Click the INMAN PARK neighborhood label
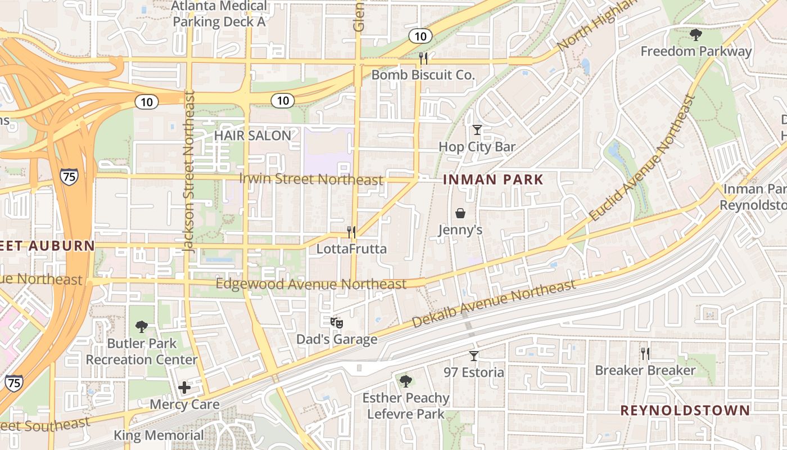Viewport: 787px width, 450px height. click(494, 180)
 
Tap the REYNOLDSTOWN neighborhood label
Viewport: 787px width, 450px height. click(685, 410)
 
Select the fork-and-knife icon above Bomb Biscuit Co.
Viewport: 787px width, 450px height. click(423, 57)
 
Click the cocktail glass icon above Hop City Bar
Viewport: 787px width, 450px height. click(477, 130)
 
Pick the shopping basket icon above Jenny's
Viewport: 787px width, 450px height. click(460, 213)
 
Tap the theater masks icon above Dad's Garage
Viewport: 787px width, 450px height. click(336, 322)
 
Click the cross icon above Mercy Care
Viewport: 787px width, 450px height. click(184, 387)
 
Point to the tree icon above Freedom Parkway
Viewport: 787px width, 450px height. click(695, 35)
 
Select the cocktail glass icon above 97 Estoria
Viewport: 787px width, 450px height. click(474, 355)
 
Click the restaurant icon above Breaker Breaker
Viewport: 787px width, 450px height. click(645, 353)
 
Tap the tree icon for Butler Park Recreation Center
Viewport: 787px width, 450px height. click(142, 326)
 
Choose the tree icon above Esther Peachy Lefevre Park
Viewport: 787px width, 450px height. click(405, 381)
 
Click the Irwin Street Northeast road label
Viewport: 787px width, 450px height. click(311, 179)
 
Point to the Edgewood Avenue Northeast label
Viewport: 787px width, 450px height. click(311, 284)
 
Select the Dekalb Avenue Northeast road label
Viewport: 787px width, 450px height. click(494, 304)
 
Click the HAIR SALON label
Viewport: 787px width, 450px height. click(252, 136)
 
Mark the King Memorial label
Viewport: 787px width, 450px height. click(159, 435)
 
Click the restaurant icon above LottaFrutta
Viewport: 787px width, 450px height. click(351, 231)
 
